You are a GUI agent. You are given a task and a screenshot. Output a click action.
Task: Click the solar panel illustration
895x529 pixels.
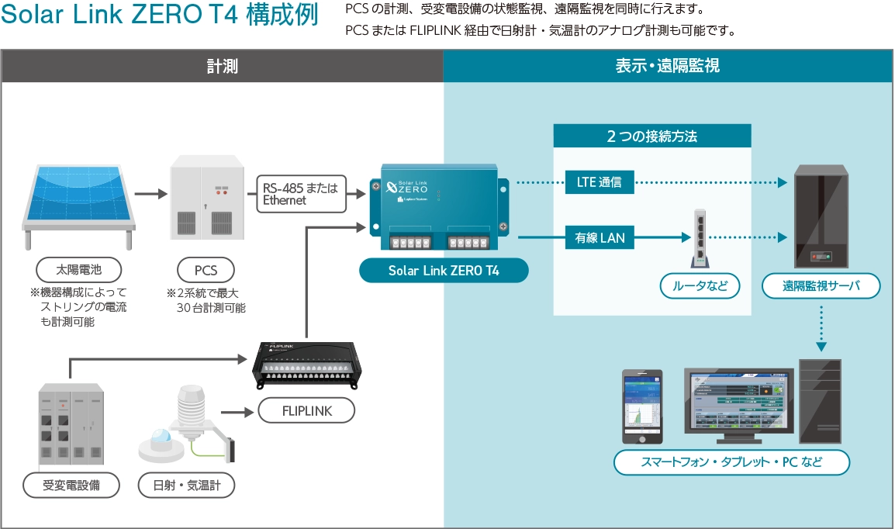tap(78, 197)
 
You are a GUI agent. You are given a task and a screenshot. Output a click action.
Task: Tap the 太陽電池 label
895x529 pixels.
tap(78, 270)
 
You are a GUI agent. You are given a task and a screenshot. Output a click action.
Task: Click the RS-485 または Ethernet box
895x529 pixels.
tap(300, 193)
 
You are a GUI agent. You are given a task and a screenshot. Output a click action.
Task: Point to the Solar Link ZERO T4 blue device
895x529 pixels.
tap(440, 208)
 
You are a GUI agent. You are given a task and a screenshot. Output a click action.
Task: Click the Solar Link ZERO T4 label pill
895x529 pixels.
tap(443, 271)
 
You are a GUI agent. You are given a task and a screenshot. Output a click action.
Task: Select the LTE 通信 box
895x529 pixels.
tap(599, 183)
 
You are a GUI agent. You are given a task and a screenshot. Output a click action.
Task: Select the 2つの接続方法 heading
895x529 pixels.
tap(652, 136)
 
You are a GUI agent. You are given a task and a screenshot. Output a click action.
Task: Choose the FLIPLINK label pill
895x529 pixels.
tap(306, 410)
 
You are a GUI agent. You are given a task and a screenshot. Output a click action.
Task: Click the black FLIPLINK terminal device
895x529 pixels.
tap(306, 365)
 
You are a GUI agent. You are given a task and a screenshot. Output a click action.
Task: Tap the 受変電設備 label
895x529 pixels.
tap(71, 486)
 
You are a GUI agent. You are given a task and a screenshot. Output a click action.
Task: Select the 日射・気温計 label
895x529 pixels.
tap(186, 486)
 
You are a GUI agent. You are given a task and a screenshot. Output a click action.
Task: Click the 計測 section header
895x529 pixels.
tap(223, 67)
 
